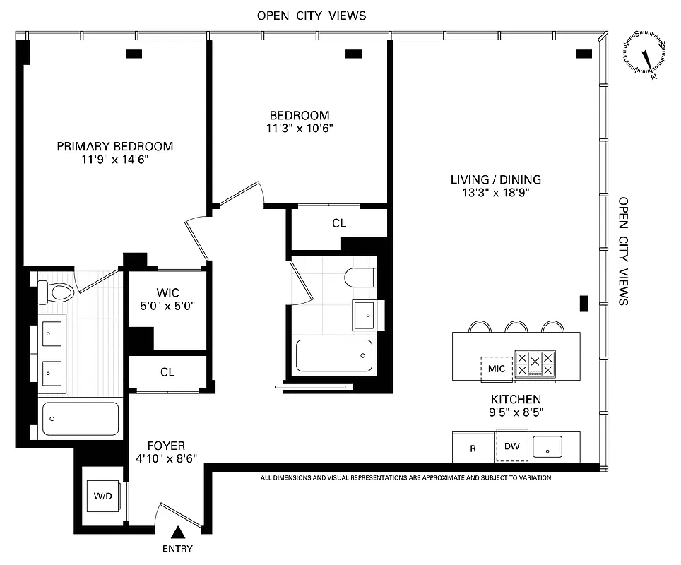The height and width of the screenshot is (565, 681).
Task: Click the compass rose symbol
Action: pos(644,54)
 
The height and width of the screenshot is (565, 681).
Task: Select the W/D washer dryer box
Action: pos(103,496)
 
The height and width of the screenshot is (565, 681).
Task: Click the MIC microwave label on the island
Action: pos(497,369)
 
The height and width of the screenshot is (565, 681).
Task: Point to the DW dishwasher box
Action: pos(511,446)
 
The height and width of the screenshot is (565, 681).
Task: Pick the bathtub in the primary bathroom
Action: pos(80,419)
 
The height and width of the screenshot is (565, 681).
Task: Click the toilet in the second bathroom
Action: pos(360,278)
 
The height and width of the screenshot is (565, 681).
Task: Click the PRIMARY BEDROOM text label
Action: pos(115,146)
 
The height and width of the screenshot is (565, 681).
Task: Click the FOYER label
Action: pos(166,446)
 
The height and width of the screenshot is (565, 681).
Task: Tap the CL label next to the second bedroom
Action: pos(339,223)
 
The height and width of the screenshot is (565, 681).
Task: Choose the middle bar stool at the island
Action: pos(516,326)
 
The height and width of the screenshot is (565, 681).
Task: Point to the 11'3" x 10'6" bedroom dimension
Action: pos(300,129)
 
